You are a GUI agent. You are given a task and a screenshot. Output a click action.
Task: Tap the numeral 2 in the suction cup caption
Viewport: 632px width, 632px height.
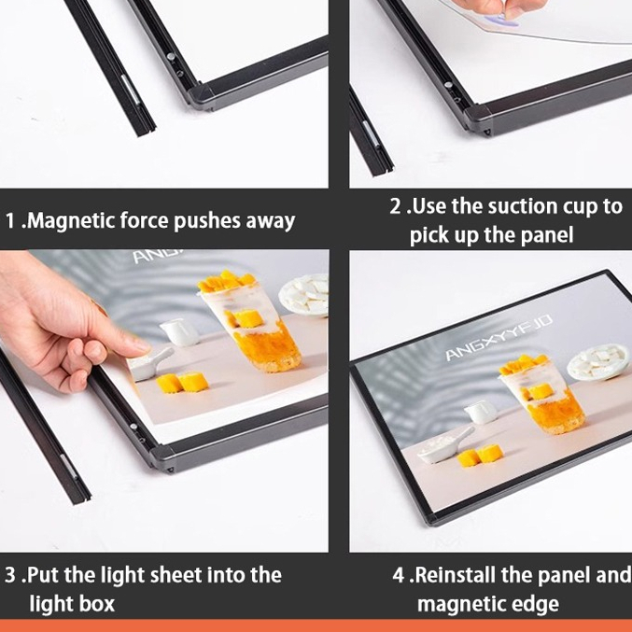396,206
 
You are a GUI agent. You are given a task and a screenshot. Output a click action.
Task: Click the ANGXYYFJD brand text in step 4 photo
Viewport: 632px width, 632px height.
499,338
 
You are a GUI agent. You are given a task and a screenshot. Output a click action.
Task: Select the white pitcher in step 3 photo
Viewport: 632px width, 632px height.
179,332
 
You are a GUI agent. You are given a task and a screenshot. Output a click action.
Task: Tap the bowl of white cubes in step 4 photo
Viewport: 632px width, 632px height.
597,360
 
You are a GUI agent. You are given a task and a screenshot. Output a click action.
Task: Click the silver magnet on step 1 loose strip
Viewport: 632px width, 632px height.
130,89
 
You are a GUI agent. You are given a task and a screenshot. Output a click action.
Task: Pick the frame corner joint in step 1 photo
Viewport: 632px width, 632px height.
201,97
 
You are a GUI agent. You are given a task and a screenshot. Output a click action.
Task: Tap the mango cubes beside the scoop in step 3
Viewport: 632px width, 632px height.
182,382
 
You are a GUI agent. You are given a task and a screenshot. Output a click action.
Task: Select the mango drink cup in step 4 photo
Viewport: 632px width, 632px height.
542,396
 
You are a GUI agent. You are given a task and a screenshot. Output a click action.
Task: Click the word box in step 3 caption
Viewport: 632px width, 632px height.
97,603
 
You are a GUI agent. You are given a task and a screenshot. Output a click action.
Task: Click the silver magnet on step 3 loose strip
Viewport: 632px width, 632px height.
68,468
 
